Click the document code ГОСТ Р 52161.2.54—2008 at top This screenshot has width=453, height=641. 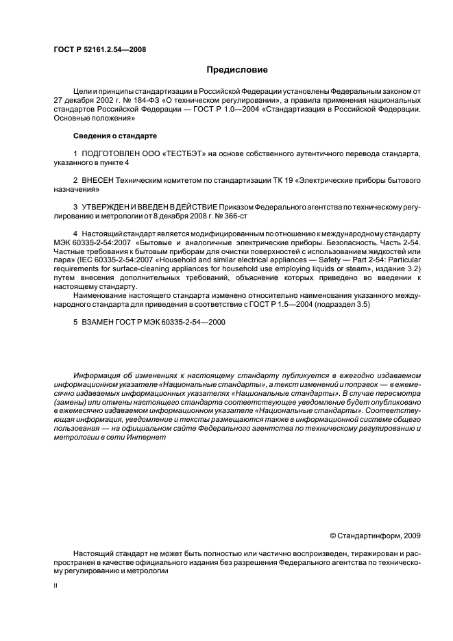99,49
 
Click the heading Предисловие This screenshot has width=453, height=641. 237,70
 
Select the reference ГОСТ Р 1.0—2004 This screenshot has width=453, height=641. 224,109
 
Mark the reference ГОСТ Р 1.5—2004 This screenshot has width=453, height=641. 290,304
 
